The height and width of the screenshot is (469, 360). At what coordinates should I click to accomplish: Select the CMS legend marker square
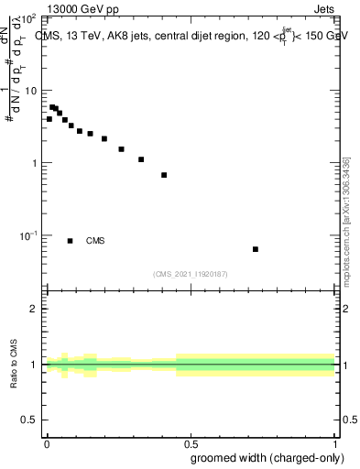click(x=71, y=241)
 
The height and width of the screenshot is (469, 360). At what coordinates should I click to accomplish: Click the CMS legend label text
click(x=95, y=241)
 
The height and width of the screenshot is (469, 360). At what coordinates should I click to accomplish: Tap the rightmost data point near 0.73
click(x=256, y=249)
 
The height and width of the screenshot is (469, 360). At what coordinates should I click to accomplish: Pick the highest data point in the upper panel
click(x=52, y=107)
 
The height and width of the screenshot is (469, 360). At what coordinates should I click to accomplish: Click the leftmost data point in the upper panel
click(x=49, y=119)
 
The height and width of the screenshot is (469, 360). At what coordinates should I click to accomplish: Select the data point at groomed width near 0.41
click(x=164, y=175)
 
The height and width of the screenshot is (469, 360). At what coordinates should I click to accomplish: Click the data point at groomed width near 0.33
click(x=141, y=159)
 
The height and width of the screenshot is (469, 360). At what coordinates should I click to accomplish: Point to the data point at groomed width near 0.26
click(x=121, y=149)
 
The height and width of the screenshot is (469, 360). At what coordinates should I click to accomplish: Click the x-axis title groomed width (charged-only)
click(x=263, y=457)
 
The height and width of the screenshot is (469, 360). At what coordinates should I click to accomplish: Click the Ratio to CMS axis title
click(x=14, y=364)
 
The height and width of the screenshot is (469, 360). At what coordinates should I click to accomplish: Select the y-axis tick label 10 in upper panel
click(x=30, y=91)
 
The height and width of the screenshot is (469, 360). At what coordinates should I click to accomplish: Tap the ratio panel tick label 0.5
click(x=30, y=420)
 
